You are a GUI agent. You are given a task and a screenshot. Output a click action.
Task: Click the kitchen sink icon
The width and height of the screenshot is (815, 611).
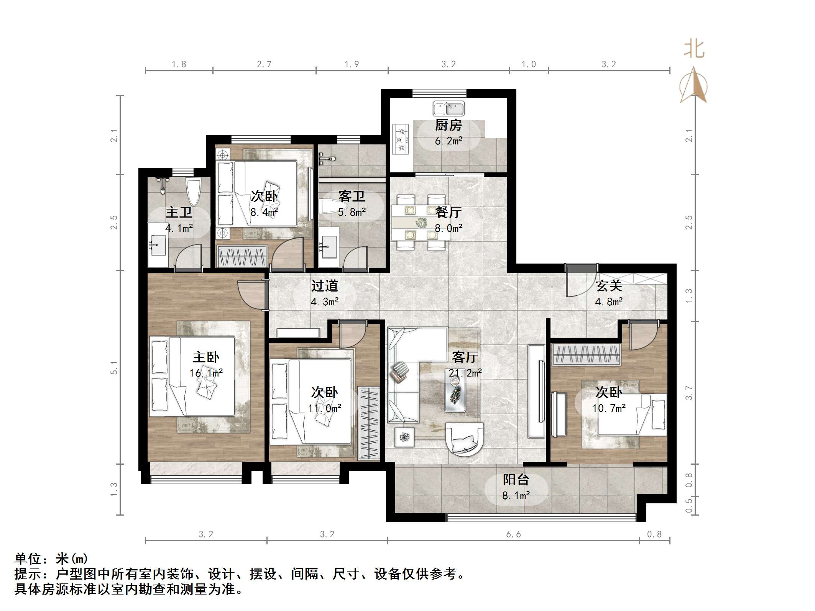(449, 109)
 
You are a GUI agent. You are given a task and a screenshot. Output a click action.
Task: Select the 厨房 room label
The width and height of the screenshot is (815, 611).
(448, 125)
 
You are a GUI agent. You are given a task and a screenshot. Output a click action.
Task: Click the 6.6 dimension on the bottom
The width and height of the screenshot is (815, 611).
(513, 534)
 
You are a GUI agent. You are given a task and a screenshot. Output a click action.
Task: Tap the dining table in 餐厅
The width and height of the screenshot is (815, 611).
(421, 222)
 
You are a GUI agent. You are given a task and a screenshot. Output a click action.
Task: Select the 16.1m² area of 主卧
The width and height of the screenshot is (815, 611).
(206, 373)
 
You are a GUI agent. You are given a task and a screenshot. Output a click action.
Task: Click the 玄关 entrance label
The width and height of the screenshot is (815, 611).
(609, 286)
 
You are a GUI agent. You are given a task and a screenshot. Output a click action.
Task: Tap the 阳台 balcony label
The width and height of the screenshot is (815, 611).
(516, 480)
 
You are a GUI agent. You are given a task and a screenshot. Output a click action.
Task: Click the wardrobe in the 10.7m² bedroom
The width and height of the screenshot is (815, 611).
(586, 354)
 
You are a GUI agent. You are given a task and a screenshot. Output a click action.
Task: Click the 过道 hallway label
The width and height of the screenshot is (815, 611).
(324, 286)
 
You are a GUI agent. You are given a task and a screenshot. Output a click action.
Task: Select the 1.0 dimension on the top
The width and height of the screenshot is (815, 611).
(529, 64)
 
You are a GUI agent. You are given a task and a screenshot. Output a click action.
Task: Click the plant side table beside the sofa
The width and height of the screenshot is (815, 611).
(404, 437)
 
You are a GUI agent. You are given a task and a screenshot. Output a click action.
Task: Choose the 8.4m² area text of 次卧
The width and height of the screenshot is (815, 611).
(264, 212)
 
